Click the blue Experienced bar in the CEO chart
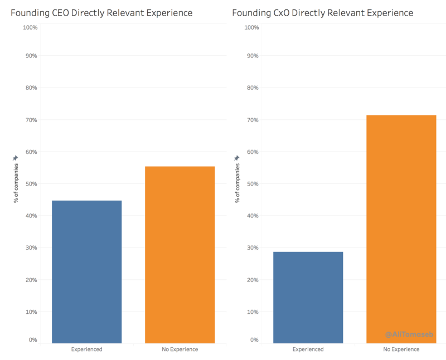pyautogui.click(x=86, y=272)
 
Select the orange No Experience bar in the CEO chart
pyautogui.click(x=180, y=255)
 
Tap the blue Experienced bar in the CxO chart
pyautogui.click(x=308, y=298)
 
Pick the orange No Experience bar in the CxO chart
pyautogui.click(x=401, y=229)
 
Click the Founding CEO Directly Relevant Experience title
pyautogui.click(x=101, y=12)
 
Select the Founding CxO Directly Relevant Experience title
pyautogui.click(x=323, y=12)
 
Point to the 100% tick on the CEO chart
pyautogui.click(x=30, y=27)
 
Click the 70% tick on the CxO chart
pyautogui.click(x=252, y=120)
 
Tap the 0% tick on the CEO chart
pyautogui.click(x=33, y=340)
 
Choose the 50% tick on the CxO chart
pyautogui.click(x=252, y=184)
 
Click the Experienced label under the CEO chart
pyautogui.click(x=86, y=349)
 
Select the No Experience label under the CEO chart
pyautogui.click(x=180, y=349)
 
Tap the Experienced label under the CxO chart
pyautogui.click(x=308, y=349)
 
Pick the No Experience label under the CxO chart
pyautogui.click(x=401, y=349)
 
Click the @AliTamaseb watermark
pyautogui.click(x=409, y=334)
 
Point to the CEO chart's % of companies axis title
pyautogui.click(x=16, y=182)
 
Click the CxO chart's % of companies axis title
pyautogui.click(x=237, y=182)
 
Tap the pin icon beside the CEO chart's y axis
pyautogui.click(x=16, y=158)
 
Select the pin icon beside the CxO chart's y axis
pyautogui.click(x=237, y=158)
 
